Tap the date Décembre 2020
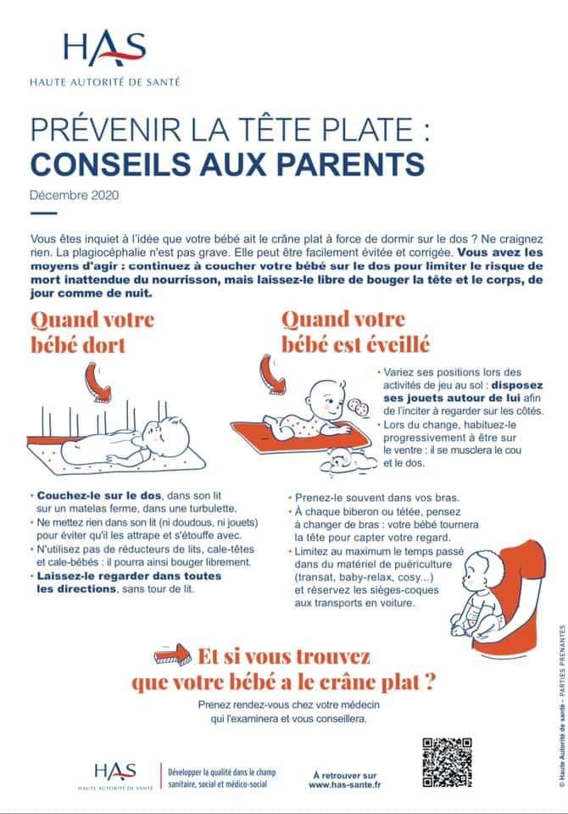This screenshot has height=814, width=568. point(75,195)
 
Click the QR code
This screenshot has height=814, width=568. point(447,762)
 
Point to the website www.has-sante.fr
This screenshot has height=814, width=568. point(345,784)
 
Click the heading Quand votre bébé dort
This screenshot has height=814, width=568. point(92,332)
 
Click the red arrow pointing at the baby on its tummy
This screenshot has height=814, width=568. point(273,376)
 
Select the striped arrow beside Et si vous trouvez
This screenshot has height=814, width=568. point(174,655)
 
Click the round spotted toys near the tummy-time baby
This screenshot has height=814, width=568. point(359,406)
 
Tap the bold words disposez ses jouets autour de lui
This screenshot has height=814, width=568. point(463,392)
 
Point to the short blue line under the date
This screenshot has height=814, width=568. point(43,214)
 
